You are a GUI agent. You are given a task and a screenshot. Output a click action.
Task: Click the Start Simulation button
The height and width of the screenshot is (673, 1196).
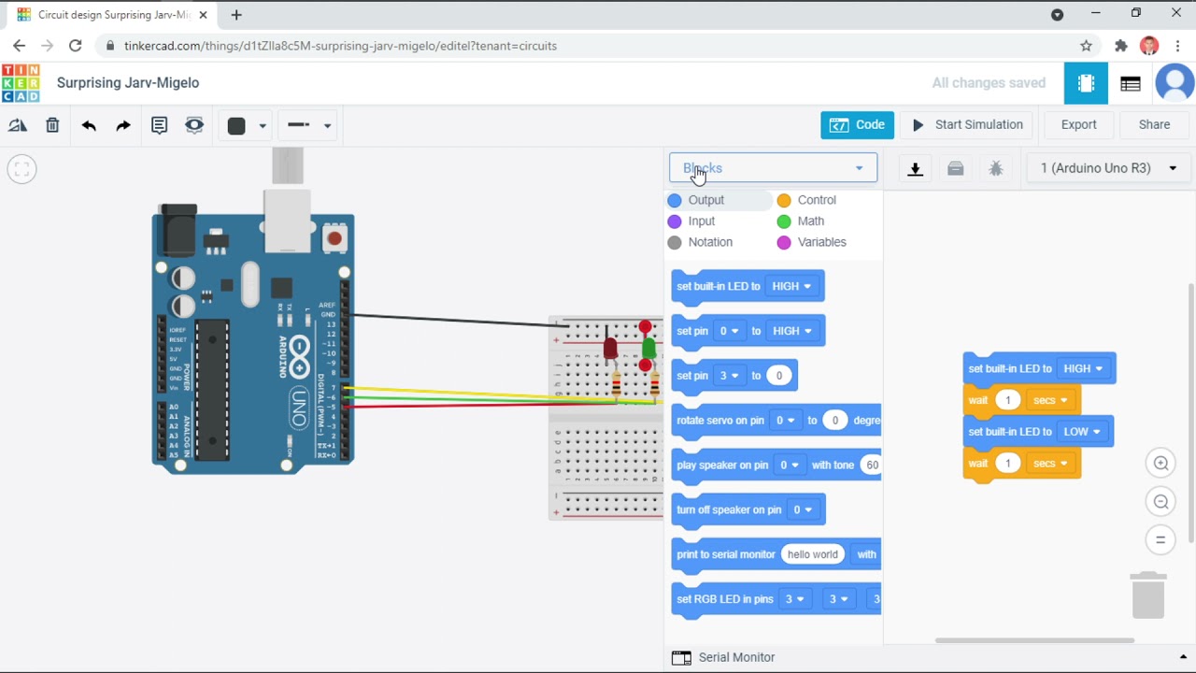point(967,124)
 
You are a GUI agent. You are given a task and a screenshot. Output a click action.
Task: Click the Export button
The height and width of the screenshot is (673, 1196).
point(1078,124)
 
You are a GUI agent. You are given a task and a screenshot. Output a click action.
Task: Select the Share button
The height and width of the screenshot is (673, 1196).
point(1154,124)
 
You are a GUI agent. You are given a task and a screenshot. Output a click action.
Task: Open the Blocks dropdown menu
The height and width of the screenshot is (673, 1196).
point(773,168)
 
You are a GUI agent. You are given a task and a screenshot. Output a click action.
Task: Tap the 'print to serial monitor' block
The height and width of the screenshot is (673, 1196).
point(725,555)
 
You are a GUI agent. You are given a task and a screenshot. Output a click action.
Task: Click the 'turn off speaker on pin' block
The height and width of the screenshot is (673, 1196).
point(729,510)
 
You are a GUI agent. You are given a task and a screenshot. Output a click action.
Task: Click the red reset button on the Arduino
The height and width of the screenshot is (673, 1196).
point(334,238)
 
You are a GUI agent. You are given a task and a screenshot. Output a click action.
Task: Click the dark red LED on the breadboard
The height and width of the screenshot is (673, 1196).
point(610,349)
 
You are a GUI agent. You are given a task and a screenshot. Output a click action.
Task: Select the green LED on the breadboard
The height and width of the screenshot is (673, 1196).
point(648,348)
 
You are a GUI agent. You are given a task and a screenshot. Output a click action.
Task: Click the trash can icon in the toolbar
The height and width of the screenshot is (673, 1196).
point(52,125)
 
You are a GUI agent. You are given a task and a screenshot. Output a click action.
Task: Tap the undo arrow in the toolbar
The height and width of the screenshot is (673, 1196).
point(89,125)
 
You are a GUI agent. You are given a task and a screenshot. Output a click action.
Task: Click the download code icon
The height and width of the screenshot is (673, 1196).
point(916,169)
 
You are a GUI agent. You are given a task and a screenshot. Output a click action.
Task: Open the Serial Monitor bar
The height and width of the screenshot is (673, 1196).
point(736,657)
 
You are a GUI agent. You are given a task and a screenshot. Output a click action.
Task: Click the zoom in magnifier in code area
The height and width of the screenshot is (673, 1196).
point(1160,464)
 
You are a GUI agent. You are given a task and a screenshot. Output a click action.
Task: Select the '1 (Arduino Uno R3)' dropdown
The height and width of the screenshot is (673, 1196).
point(1107,168)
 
